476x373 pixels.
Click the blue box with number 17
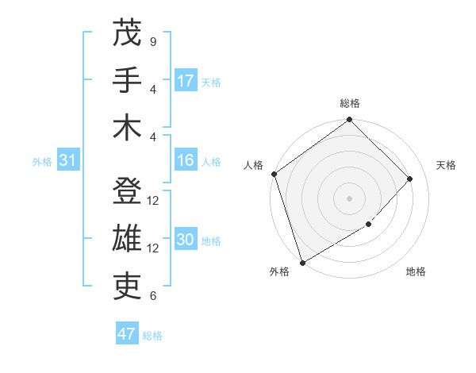coord(186,81)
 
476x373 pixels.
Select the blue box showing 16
coord(186,161)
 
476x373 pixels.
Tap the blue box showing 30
coord(186,240)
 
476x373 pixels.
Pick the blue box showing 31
coord(67,161)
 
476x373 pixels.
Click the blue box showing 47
coord(127,334)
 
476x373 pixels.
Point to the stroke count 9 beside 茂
coord(152,41)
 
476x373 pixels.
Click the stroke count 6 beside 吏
coord(152,296)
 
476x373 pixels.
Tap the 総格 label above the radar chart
coord(349,103)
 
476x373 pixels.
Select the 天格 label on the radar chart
coord(446,165)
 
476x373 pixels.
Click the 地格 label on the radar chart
coord(416,272)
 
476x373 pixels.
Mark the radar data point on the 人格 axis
coord(274,174)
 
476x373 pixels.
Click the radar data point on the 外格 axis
coord(302,262)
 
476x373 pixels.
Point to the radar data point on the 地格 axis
coord(369,225)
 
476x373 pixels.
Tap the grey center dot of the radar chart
coord(349,198)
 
